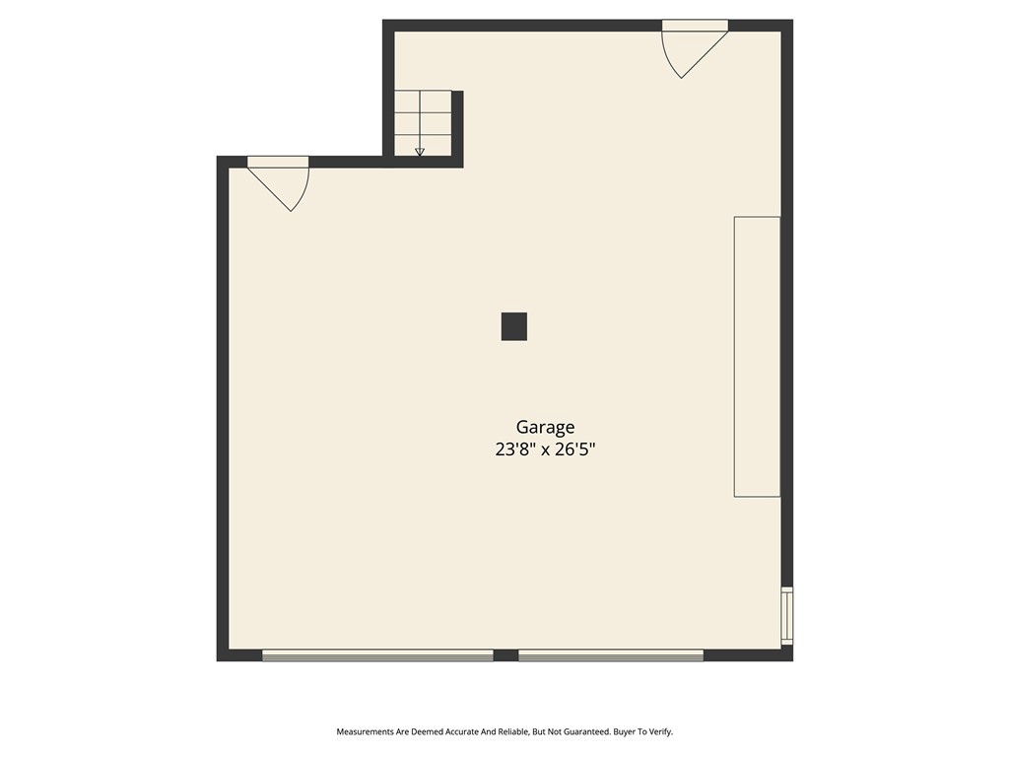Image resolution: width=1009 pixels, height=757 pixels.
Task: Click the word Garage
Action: click(545, 428)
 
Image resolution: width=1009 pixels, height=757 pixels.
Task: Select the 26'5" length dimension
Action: click(575, 449)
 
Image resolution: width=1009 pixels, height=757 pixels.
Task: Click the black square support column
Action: click(514, 326)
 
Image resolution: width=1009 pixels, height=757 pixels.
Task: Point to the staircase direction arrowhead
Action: click(420, 152)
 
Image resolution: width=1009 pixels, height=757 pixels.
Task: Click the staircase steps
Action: click(423, 123)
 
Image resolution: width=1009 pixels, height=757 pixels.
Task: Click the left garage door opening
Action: click(377, 655)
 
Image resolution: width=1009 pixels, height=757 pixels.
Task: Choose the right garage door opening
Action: click(611, 655)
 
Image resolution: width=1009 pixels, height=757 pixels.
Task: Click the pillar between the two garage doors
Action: click(505, 655)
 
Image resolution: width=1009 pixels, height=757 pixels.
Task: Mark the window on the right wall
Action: click(787, 615)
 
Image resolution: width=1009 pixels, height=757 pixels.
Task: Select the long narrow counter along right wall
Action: click(758, 357)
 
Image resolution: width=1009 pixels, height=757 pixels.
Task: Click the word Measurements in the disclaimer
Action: click(365, 732)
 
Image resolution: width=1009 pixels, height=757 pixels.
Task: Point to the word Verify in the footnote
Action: click(661, 732)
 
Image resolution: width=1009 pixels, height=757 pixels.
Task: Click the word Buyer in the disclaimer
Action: click(624, 732)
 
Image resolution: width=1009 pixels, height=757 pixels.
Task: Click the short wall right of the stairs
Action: click(457, 129)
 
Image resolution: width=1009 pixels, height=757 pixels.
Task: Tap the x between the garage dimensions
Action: click(545, 450)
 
